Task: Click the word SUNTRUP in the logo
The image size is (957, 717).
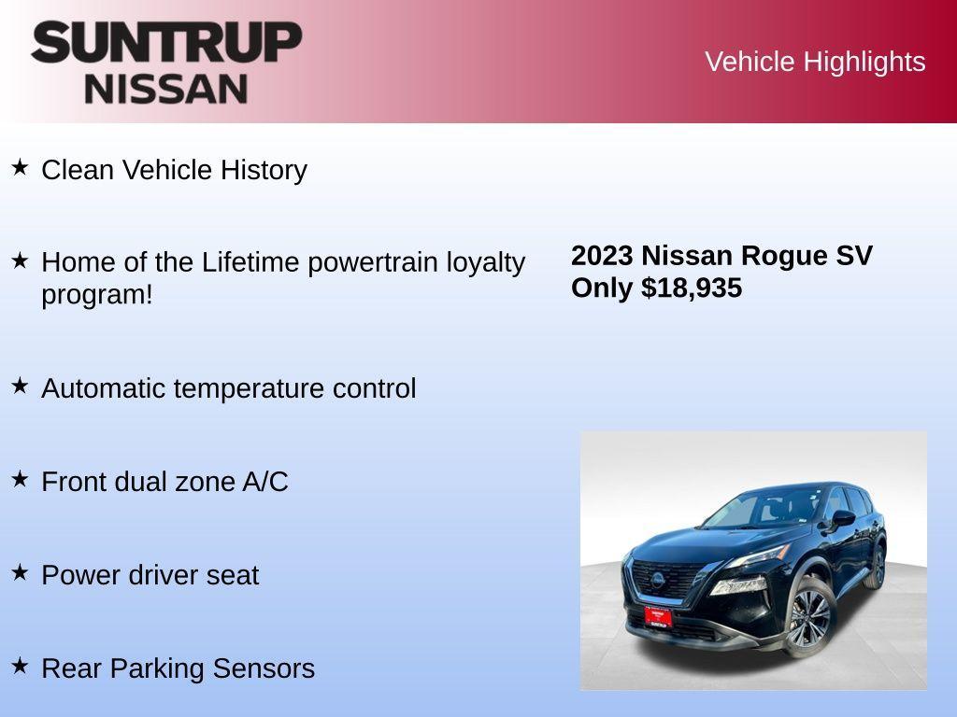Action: [x=166, y=42]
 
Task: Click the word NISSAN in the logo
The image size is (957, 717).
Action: [x=166, y=89]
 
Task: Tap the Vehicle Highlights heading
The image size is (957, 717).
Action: [x=815, y=62]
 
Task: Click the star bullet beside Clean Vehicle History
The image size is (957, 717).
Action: [x=20, y=168]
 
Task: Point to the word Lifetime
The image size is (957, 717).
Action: [x=249, y=262]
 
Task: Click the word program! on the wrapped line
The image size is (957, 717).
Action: [x=96, y=295]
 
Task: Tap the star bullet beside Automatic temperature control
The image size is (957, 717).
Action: [x=20, y=386]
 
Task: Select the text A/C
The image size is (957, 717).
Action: [x=265, y=482]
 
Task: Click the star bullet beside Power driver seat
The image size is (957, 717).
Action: [x=20, y=572]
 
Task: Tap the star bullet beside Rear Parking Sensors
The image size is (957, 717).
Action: [x=20, y=666]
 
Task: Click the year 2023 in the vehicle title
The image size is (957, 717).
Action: [x=602, y=256]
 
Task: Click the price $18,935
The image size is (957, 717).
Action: [x=692, y=288]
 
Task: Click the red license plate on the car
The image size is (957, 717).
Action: [x=658, y=616]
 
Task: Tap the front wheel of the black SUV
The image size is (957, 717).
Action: [x=808, y=617]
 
